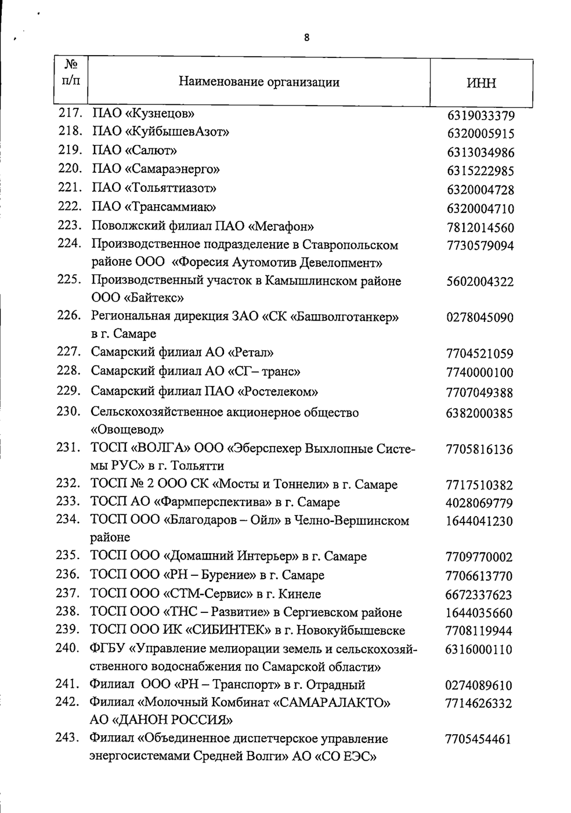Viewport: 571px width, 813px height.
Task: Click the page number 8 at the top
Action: click(x=306, y=38)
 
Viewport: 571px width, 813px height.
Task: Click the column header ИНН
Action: click(x=481, y=83)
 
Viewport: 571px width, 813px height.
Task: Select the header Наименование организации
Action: click(x=259, y=82)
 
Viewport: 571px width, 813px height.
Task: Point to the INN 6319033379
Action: click(x=480, y=116)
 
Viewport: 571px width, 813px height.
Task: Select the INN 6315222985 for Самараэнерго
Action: click(x=480, y=172)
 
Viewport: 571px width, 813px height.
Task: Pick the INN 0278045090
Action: click(x=480, y=318)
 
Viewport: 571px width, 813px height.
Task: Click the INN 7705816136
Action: click(x=479, y=449)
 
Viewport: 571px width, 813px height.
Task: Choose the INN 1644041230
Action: click(x=479, y=521)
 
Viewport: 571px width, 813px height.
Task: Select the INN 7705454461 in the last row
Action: click(x=478, y=739)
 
